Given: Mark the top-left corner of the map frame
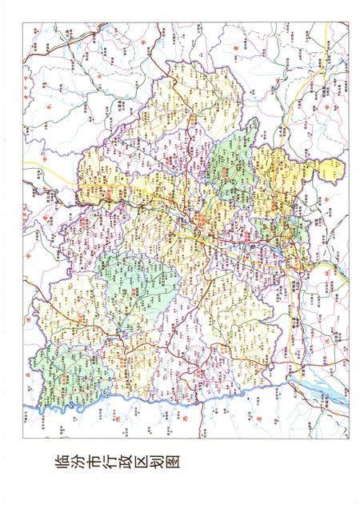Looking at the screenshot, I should pyautogui.click(x=23, y=22).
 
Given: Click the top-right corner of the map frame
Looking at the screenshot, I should pyautogui.click(x=350, y=22).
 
